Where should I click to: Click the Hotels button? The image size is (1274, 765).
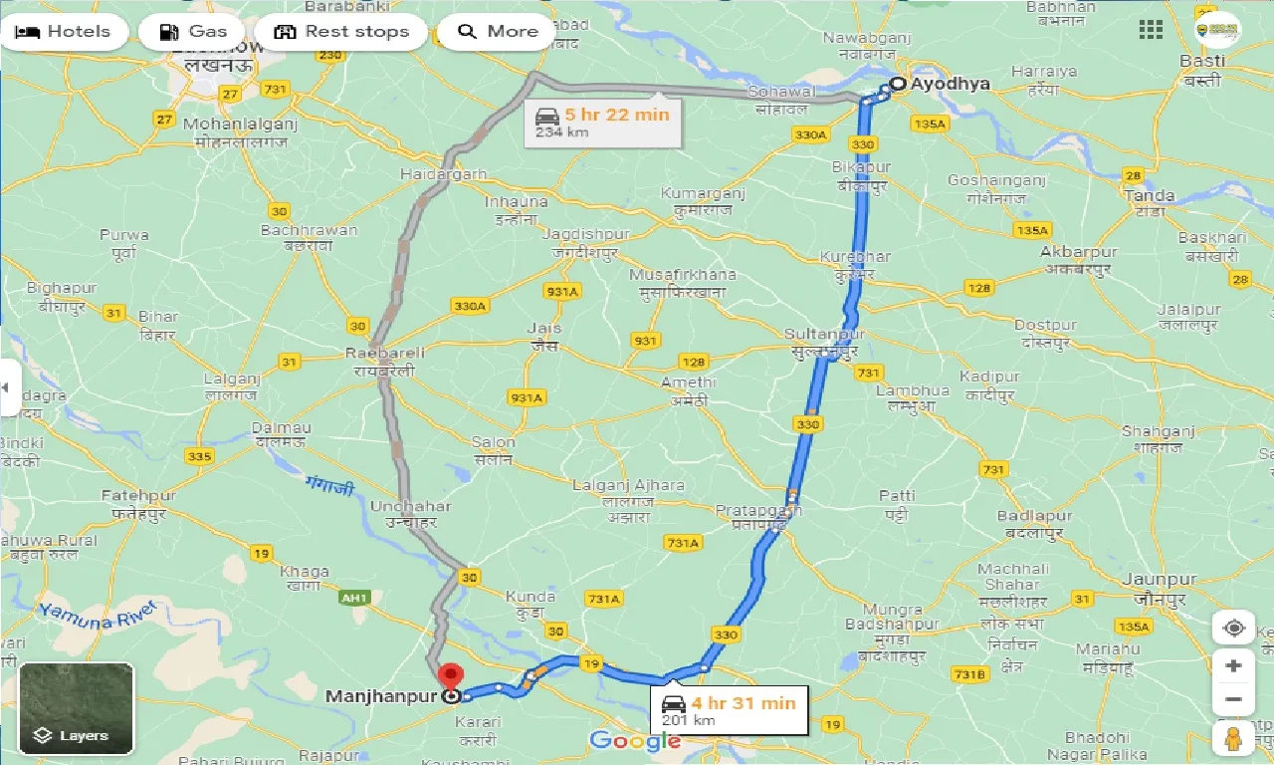click(64, 32)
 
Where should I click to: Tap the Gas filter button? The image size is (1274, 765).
click(192, 32)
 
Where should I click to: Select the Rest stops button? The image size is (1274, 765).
click(340, 32)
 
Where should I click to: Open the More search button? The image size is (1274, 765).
click(497, 32)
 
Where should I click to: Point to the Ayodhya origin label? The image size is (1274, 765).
click(951, 84)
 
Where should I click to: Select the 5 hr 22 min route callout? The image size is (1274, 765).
click(604, 122)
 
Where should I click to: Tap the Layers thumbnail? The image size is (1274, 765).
click(77, 708)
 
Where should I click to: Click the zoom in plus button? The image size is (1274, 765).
click(1234, 665)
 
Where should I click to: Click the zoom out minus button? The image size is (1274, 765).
click(1234, 698)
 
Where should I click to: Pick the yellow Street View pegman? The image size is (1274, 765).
click(1234, 738)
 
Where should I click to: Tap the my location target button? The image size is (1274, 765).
click(1234, 628)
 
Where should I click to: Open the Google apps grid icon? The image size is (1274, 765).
click(1151, 30)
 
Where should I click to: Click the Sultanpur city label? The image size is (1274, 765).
click(824, 334)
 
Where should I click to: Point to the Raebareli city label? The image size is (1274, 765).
click(385, 353)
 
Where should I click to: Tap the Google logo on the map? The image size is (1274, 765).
click(635, 740)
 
